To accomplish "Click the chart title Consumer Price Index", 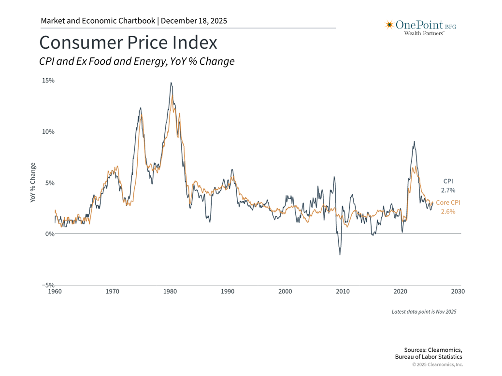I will coord(128,42).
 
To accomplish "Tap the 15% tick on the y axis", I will coord(48,81).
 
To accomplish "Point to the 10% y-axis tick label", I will coord(48,132).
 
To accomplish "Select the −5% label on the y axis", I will coord(47,285).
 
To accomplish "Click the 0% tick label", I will coord(49,234).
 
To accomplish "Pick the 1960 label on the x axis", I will coord(55,292).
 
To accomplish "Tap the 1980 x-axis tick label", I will coord(170,292).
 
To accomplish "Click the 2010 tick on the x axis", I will coord(343,292).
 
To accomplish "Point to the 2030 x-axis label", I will coord(458,292).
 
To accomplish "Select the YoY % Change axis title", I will coord(33,182).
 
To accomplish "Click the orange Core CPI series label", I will coord(448,203).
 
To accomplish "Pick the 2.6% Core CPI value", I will coord(447,211).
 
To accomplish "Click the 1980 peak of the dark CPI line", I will coord(171,83).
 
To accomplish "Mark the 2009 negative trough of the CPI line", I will coord(340,254).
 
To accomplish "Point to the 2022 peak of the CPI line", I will coord(414,141).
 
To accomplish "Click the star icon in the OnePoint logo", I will coord(389,25).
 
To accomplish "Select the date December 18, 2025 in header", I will coord(194,21).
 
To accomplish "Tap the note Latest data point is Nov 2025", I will coord(424,312).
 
